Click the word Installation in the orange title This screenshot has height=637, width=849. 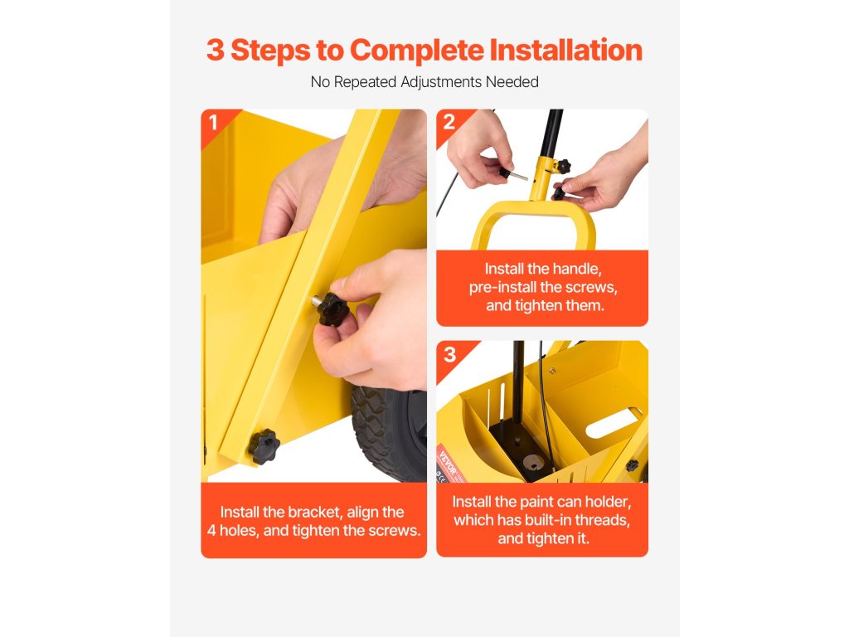565,50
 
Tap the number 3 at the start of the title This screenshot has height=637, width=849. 215,51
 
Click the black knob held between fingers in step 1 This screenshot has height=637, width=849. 332,309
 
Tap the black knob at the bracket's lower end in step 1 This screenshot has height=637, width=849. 264,446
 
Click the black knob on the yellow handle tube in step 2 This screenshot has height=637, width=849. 563,166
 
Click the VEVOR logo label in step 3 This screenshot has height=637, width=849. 449,464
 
